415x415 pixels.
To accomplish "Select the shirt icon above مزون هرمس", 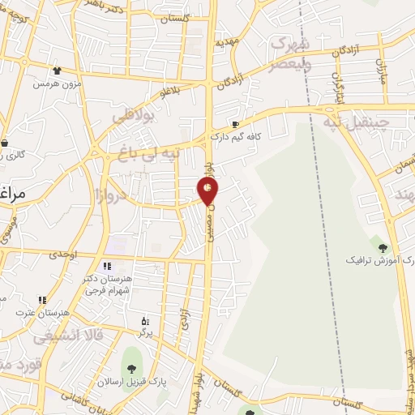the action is tap(56, 71).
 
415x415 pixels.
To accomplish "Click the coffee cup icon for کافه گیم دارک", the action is tap(235, 124).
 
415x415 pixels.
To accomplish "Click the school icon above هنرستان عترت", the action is tap(41, 300).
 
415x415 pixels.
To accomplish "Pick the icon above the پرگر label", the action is tap(145, 321).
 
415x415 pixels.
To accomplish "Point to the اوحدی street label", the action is tap(62, 254).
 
